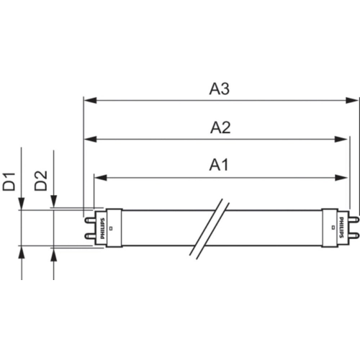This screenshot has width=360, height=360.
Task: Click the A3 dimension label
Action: pos(220,89)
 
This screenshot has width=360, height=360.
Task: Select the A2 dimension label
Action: pos(220,127)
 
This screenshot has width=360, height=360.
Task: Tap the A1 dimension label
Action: pos(219,165)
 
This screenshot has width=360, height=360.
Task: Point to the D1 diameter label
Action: pos(9,181)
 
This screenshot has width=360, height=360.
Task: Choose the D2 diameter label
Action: pos(40,181)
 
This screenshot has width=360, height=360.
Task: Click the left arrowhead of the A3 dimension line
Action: pos(91,100)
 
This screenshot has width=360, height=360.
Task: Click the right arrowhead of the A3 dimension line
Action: pos(352,100)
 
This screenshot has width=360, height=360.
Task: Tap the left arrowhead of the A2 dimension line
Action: pos(91,139)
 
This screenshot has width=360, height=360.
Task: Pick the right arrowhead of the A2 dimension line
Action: pos(341,139)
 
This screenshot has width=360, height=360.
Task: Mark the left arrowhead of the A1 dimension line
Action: pos(101,178)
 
